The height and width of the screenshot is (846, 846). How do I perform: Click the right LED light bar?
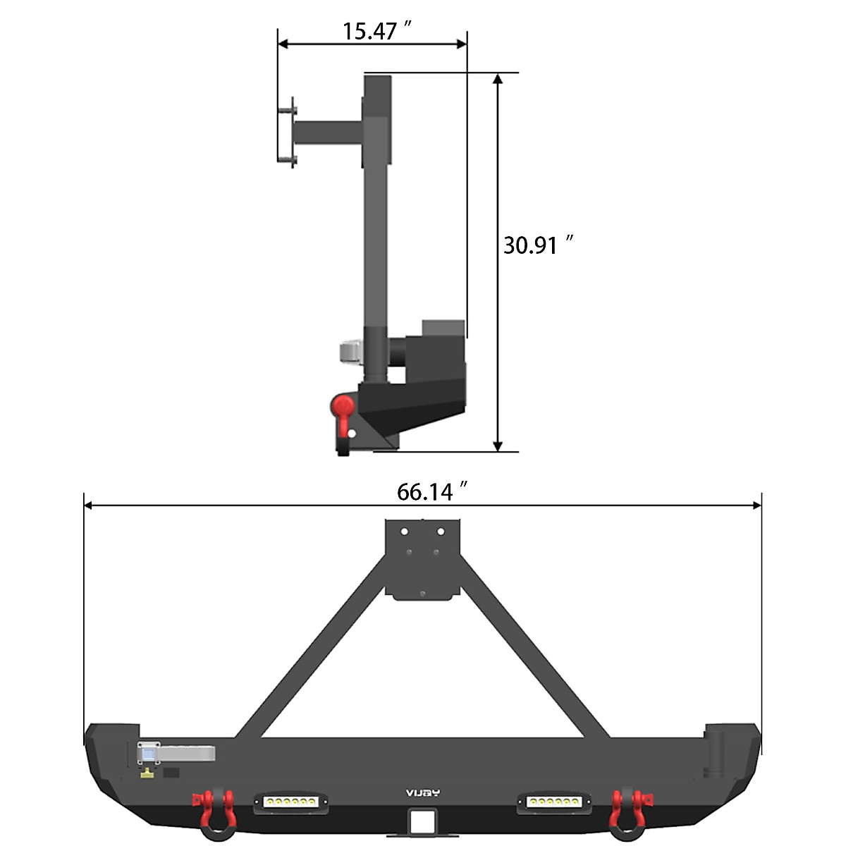click(554, 802)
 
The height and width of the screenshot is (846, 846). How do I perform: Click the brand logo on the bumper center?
click(422, 792)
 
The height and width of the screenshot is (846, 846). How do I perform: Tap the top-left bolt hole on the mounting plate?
click(405, 531)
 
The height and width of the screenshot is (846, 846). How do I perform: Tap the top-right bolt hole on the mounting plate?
click(441, 531)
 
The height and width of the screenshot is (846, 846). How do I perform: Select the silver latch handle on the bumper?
click(180, 753)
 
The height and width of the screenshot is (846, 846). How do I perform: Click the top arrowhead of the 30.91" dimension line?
click(498, 79)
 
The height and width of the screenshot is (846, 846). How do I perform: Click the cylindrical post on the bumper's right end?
click(718, 749)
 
